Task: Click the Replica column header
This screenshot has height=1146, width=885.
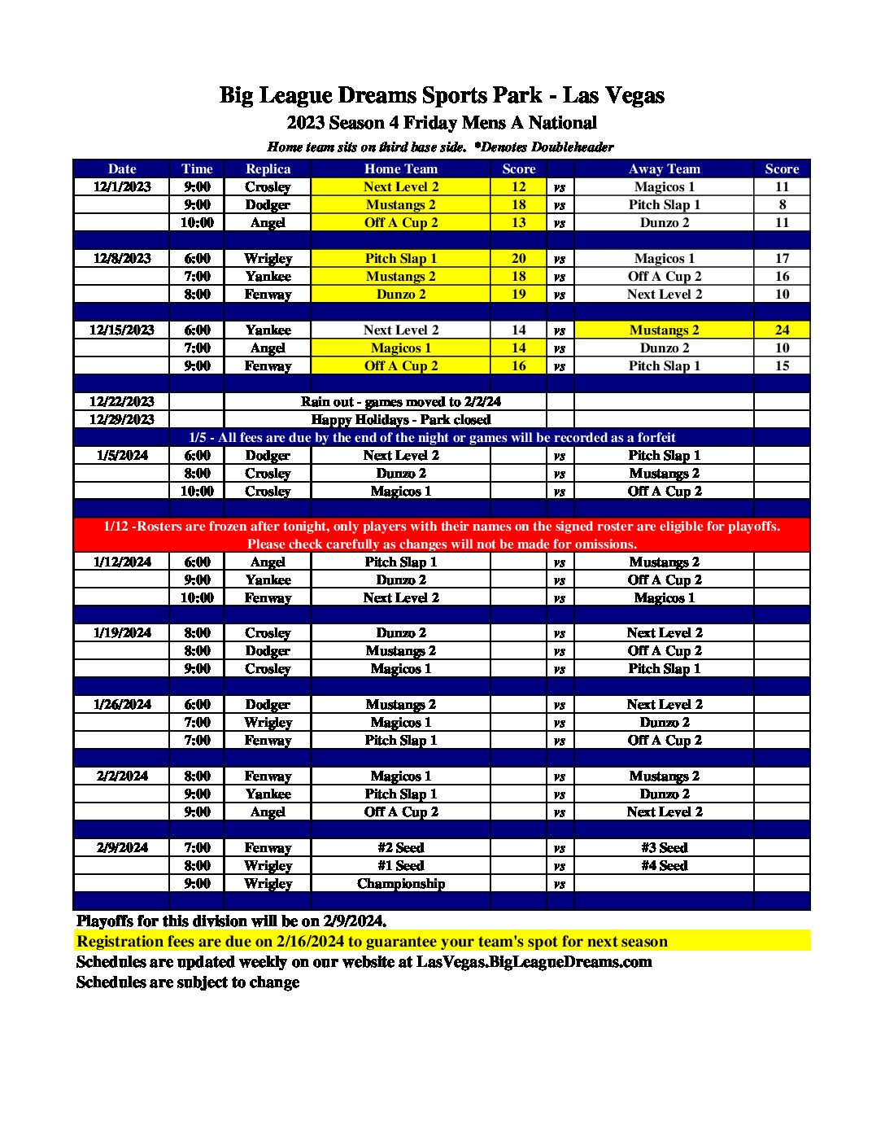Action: point(268,169)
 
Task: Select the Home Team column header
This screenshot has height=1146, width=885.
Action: point(400,169)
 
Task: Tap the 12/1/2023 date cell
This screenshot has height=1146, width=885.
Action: point(122,187)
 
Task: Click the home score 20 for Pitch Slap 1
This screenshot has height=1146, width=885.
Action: point(518,259)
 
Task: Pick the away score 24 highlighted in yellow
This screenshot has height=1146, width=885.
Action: point(782,330)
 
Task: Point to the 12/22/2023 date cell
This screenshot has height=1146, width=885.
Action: point(122,402)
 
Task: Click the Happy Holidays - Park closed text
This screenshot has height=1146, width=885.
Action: point(401,420)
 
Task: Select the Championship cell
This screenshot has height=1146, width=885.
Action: point(401,884)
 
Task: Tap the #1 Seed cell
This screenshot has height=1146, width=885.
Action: point(401,866)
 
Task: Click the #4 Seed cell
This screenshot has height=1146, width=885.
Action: point(664,866)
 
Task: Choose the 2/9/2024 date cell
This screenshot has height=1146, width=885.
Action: point(122,848)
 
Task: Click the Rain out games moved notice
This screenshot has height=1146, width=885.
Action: point(401,402)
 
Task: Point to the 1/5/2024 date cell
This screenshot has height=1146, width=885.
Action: point(122,456)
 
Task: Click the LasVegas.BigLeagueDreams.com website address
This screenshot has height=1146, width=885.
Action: point(534,962)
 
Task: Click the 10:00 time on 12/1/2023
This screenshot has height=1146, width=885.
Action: point(198,223)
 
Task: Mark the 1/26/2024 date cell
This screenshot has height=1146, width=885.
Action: point(122,705)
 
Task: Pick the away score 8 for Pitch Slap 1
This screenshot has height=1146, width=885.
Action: point(782,205)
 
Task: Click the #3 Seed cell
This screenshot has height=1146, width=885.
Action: point(664,848)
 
